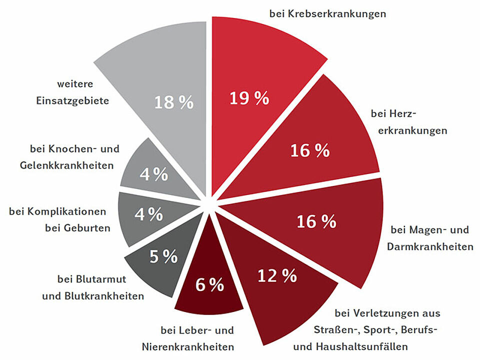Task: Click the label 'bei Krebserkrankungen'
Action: pyautogui.click(x=327, y=13)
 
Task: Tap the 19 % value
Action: pyautogui.click(x=249, y=98)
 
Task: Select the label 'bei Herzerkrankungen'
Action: pyautogui.click(x=409, y=122)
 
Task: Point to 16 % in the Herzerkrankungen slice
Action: pyautogui.click(x=310, y=150)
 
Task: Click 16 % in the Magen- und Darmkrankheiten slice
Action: pyautogui.click(x=316, y=221)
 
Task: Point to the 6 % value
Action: pyautogui.click(x=209, y=285)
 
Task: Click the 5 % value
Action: pyautogui.click(x=163, y=257)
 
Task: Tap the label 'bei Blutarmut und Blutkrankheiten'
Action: pyautogui.click(x=93, y=287)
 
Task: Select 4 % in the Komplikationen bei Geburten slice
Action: pyautogui.click(x=148, y=214)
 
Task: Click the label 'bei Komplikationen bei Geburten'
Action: pyautogui.click(x=59, y=219)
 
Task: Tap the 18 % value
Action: pyautogui.click(x=173, y=102)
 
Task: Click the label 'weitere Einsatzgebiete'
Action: pyautogui.click(x=72, y=92)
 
